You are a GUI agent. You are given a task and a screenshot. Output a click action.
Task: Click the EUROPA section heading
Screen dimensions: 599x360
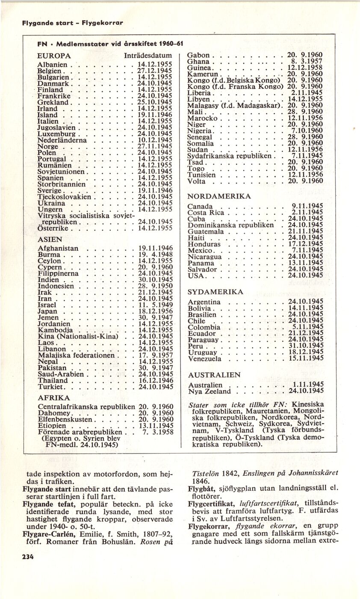[x=54, y=56]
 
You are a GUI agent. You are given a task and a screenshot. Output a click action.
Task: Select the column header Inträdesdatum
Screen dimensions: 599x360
[x=148, y=56]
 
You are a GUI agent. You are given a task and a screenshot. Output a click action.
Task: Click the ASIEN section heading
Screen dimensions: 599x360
[x=49, y=240]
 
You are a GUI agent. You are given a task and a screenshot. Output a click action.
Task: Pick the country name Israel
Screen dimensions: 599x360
[x=47, y=305]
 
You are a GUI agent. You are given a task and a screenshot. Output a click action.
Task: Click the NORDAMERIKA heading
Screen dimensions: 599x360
[x=219, y=196]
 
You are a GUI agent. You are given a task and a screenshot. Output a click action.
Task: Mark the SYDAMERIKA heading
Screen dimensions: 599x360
[x=215, y=292]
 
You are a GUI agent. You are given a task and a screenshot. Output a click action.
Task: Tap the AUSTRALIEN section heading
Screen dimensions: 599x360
[x=214, y=375]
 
